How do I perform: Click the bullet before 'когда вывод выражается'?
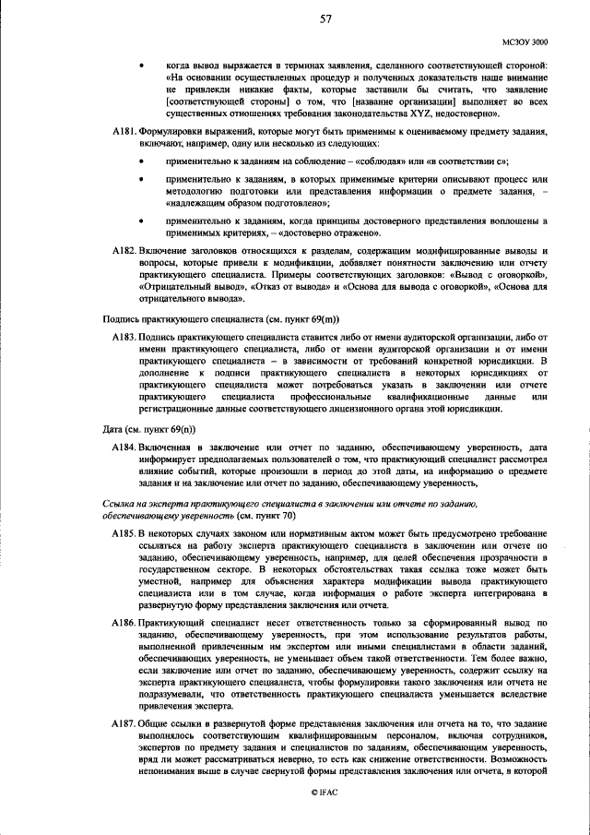click(x=140, y=66)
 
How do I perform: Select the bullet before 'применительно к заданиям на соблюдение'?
click(x=140, y=162)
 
